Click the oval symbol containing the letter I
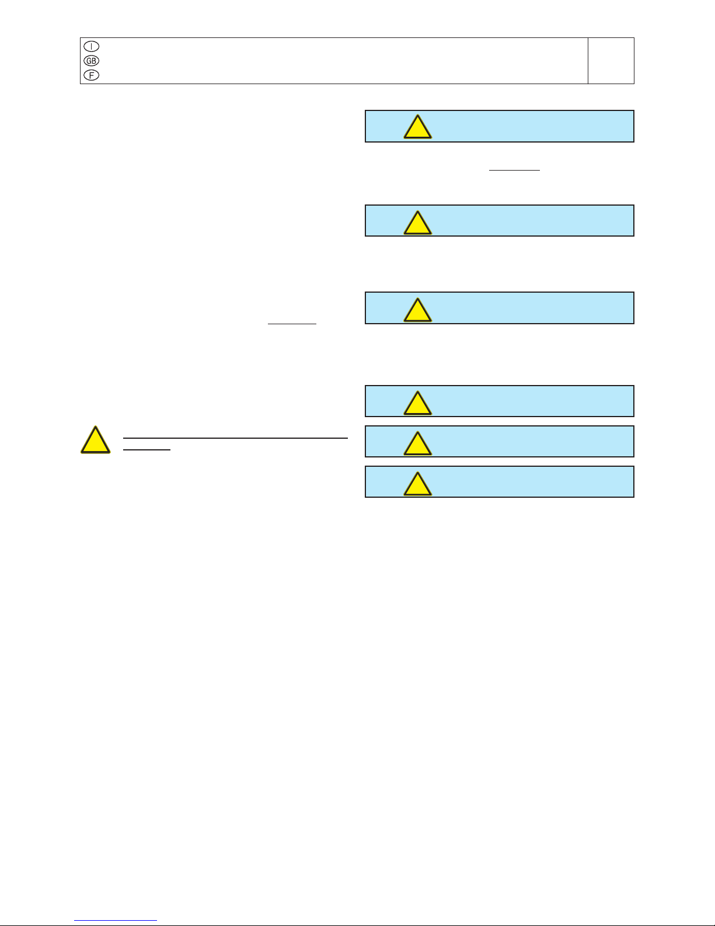[91, 46]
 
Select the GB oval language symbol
[91, 61]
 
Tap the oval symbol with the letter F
[91, 75]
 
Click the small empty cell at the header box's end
[611, 61]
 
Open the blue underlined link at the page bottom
[116, 921]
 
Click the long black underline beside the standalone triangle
[235, 438]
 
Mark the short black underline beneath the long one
[147, 450]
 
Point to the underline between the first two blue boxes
[514, 170]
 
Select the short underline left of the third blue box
[292, 324]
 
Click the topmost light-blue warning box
[499, 126]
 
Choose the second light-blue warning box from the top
[499, 220]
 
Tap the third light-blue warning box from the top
[499, 308]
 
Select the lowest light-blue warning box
[499, 481]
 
